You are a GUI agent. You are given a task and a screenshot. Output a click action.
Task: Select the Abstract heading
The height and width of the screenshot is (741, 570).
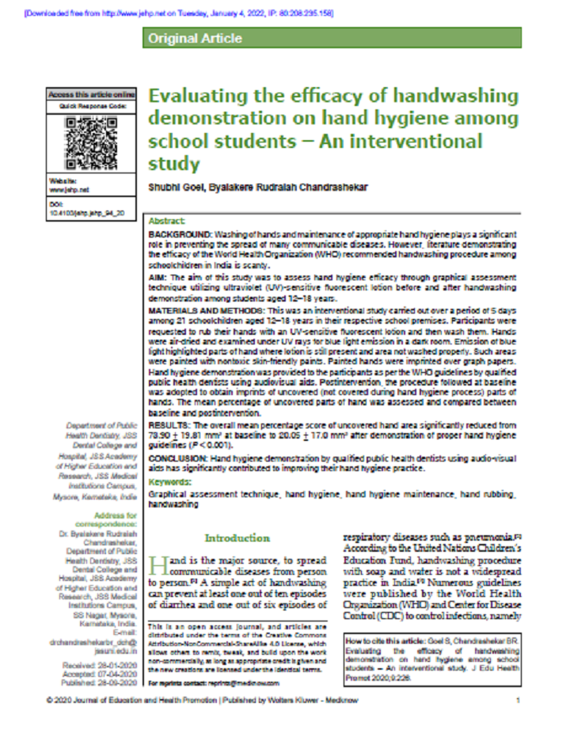tap(166, 222)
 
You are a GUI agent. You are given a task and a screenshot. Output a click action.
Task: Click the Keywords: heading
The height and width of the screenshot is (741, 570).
tap(170, 481)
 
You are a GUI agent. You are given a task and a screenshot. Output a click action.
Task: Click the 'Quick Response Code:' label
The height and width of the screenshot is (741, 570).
tap(92, 105)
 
